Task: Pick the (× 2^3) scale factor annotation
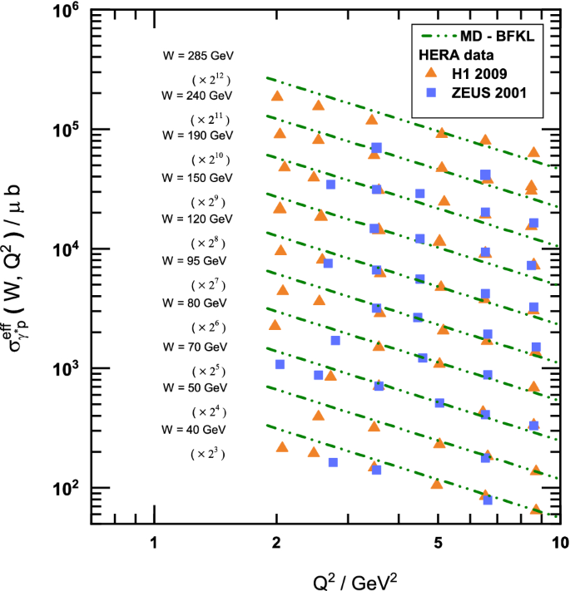coord(208,454)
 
